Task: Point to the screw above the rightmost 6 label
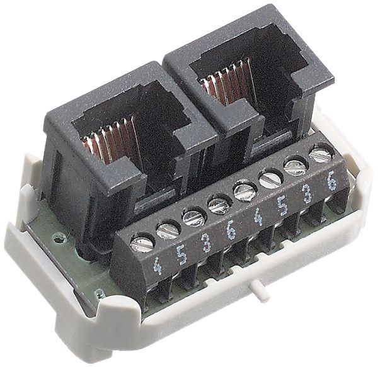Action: coord(320,153)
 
